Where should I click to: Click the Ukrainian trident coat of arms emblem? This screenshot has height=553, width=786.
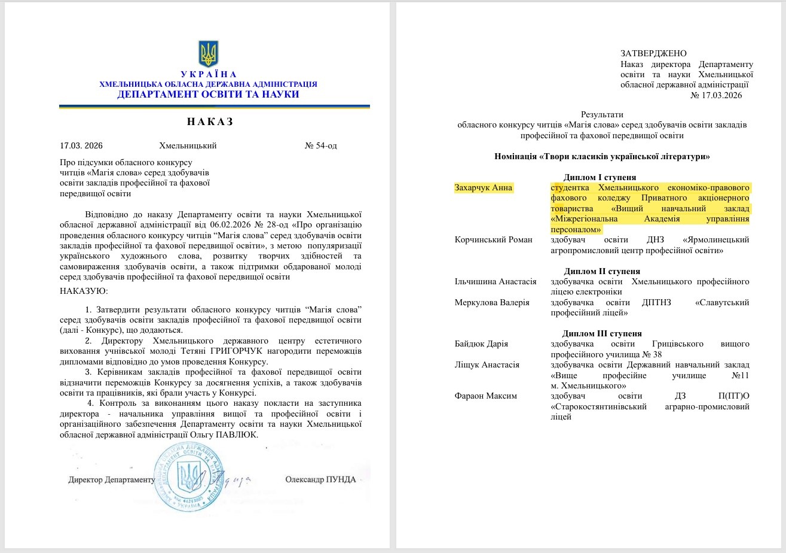(x=209, y=54)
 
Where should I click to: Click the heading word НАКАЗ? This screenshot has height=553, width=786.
(x=209, y=122)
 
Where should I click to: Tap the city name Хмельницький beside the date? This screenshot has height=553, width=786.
(x=188, y=145)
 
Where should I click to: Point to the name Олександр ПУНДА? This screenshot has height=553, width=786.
(x=320, y=479)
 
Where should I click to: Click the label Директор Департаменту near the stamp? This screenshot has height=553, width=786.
(x=111, y=479)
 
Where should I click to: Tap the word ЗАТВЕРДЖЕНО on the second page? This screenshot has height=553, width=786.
(x=653, y=53)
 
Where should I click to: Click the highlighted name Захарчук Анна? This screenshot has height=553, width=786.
(x=484, y=187)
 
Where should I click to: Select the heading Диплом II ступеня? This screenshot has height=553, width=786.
(x=602, y=271)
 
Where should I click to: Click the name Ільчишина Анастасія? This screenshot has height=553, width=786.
(x=496, y=281)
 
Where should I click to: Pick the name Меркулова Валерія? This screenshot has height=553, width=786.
(x=492, y=302)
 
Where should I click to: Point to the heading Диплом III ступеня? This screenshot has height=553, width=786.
(x=603, y=333)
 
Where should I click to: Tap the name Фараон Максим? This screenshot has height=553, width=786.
(x=484, y=396)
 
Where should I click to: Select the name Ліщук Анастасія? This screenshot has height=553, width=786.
(x=487, y=364)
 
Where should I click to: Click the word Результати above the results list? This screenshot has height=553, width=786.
(x=602, y=114)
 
